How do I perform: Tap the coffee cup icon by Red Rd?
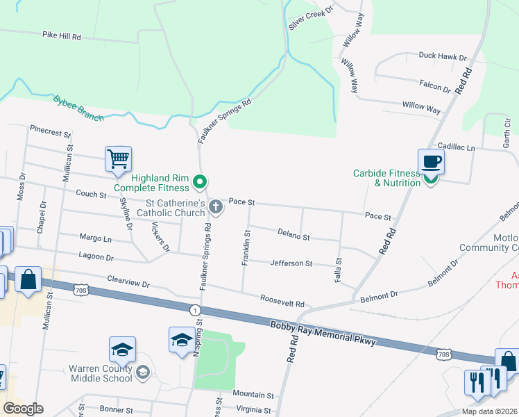430,161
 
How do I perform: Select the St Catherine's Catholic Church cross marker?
216,206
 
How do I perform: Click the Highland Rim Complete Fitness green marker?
201,183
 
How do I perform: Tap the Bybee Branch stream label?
78,108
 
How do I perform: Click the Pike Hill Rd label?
62,35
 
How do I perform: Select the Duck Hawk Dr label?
442,56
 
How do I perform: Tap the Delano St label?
293,236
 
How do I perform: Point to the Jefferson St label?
291,263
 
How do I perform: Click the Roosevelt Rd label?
282,302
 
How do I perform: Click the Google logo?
23,409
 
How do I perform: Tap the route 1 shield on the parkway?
196,309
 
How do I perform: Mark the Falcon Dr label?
435,85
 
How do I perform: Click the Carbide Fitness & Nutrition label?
386,178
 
